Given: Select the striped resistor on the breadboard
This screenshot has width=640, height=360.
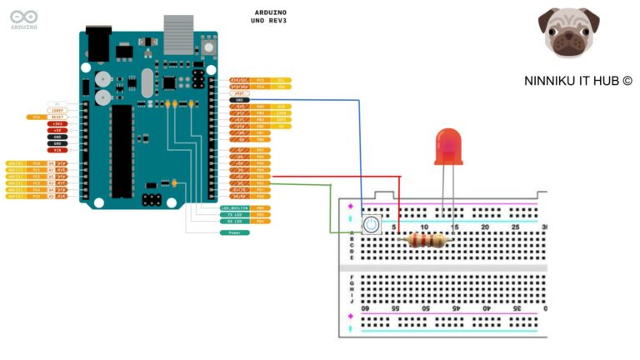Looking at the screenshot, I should [x=425, y=241].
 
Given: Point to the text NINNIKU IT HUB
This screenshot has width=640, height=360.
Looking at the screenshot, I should [x=577, y=81].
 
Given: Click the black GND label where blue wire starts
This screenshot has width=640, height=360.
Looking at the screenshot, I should [x=239, y=100].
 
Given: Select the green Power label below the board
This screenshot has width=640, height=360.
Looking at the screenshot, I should [x=234, y=232].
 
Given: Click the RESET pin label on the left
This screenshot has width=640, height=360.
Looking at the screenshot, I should [x=57, y=117].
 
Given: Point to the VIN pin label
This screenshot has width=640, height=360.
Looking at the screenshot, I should [x=57, y=150].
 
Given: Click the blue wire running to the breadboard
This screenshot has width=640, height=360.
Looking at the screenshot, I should [x=360, y=150].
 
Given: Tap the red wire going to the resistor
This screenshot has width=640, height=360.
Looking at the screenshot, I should [x=333, y=177].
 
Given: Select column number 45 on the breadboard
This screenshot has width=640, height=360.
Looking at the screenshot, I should [x=455, y=307].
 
